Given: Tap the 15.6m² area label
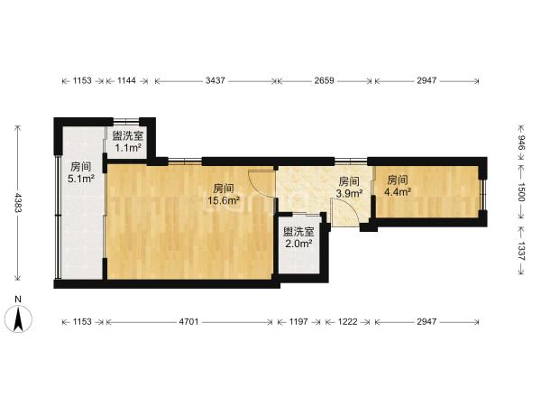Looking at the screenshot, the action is pyautogui.click(x=224, y=200).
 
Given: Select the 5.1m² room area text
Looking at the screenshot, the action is pyautogui.click(x=81, y=179).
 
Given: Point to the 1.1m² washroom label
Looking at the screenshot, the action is pyautogui.click(x=128, y=148).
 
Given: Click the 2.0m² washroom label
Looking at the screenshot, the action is pyautogui.click(x=298, y=244).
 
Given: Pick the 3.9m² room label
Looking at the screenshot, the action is pyautogui.click(x=349, y=193).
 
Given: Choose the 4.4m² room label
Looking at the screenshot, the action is pyautogui.click(x=398, y=191).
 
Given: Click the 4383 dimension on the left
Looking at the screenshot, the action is pyautogui.click(x=18, y=203).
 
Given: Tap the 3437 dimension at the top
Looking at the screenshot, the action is pyautogui.click(x=215, y=80).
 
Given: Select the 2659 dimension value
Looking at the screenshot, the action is pyautogui.click(x=325, y=80).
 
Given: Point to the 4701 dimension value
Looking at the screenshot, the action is pyautogui.click(x=188, y=322).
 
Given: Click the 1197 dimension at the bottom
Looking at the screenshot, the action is pyautogui.click(x=298, y=322).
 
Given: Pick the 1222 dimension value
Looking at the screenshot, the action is pyautogui.click(x=347, y=322).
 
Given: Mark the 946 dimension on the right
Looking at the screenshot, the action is pyautogui.click(x=521, y=143).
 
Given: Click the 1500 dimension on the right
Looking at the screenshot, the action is pyautogui.click(x=521, y=192).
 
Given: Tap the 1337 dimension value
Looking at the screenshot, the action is pyautogui.click(x=521, y=251).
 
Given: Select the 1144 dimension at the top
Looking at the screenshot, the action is pyautogui.click(x=126, y=80).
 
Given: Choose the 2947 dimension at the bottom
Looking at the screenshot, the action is pyautogui.click(x=426, y=322).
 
